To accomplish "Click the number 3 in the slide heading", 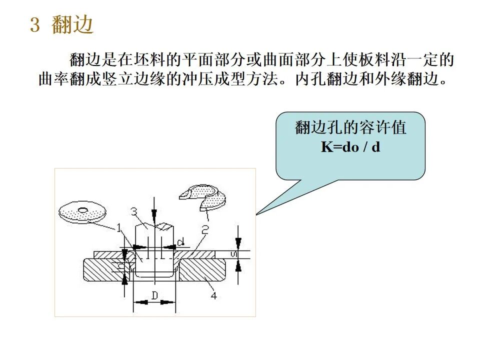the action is pos(34,25).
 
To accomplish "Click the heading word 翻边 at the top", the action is pos(72,25).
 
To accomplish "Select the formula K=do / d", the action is pos(350,147).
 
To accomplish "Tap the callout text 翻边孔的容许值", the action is pos(350,128).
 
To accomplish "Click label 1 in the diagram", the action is pos(119,228).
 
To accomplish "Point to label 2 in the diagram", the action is pos(205,229).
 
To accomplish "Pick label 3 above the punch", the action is pos(134,211).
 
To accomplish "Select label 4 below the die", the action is pos(213,295).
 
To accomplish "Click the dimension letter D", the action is pos(154,295).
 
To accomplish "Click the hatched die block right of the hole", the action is pos(202,272).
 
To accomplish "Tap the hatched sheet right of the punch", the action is pos(200,255).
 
